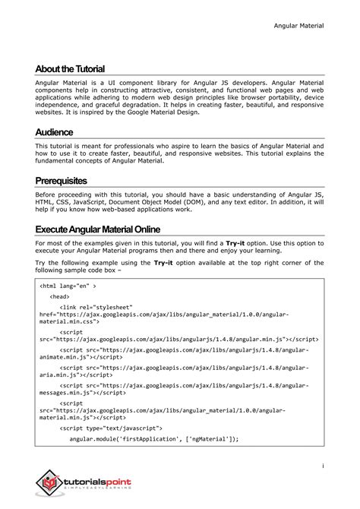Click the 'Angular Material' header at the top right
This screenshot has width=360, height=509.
298,26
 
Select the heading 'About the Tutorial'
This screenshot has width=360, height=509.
70,69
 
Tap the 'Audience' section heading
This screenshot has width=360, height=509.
54,131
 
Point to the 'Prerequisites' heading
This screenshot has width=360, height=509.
71,181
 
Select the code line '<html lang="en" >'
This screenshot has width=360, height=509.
68,287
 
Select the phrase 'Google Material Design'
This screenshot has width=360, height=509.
162,112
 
